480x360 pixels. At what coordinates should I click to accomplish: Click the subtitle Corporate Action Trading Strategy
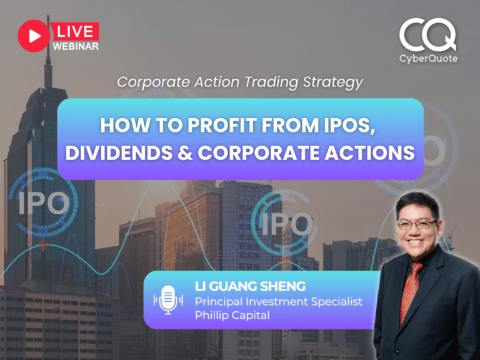[x=240, y=82]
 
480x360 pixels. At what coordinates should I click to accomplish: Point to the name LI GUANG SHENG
[x=250, y=286]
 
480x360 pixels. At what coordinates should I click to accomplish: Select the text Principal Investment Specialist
[x=278, y=301]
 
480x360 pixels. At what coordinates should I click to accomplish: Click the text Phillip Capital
[x=232, y=316]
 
